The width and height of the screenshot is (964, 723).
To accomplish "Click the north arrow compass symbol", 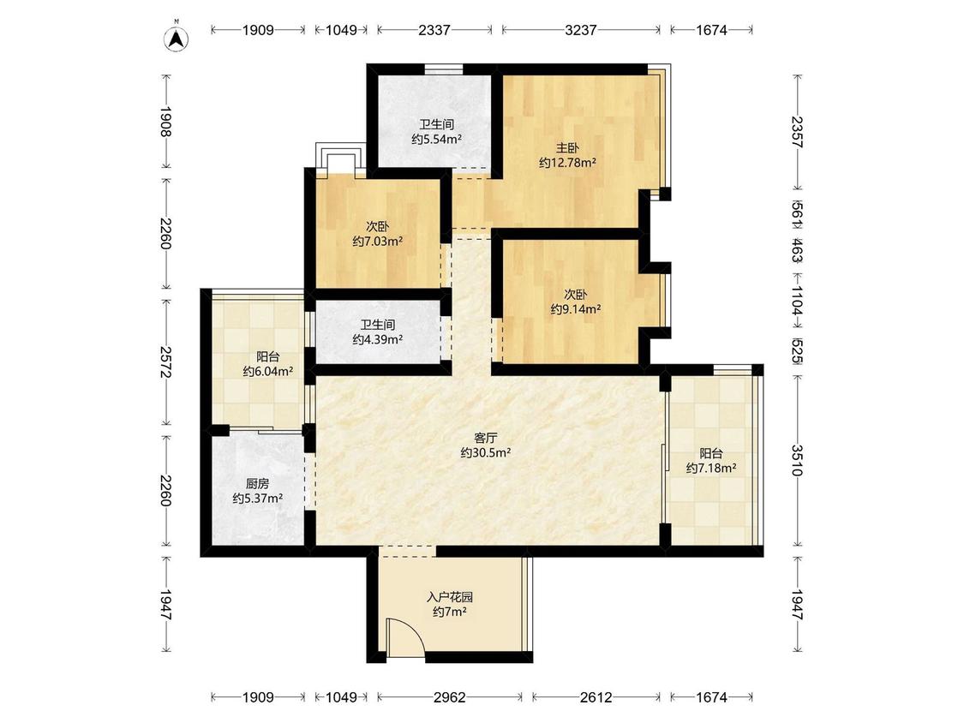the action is coord(177,39).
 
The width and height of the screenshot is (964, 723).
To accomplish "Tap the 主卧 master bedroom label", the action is coord(567,148).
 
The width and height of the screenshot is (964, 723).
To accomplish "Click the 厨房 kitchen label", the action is coord(257,484).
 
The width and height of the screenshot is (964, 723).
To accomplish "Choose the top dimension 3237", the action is coord(580,29).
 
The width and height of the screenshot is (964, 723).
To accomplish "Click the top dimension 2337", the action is coord(434,29).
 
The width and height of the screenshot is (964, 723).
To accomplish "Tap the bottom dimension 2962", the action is coord(449,697).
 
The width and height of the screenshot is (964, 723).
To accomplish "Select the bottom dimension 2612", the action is coord(596,697).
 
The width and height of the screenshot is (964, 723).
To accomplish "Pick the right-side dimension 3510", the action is coord(798,460).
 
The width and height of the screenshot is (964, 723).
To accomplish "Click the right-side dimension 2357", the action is coord(798,132).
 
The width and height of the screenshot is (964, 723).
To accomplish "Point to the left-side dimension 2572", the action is coord(165,362).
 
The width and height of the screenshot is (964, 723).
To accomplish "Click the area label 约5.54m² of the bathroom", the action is coord(436,140).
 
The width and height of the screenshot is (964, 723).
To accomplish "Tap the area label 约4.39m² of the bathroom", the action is coord(378,339).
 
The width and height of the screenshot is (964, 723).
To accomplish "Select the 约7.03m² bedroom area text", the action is coord(378,242).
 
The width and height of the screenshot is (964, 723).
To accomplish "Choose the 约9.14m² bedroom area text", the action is coord(576,309).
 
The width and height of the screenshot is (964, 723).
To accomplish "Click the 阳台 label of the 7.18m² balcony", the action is coord(711,454).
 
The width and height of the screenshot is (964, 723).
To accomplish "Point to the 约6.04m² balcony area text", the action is coord(267,371).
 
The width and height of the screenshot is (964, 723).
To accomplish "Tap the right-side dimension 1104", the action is coord(798,301).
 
